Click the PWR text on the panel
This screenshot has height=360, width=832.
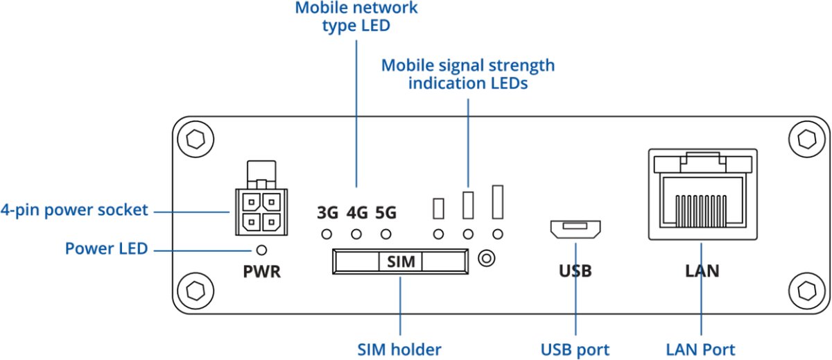pyautogui.click(x=262, y=271)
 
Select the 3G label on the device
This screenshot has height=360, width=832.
pyautogui.click(x=327, y=213)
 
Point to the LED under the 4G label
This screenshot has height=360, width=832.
pyautogui.click(x=356, y=234)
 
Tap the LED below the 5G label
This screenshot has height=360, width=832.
pyautogui.click(x=385, y=234)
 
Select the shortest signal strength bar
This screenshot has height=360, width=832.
pyautogui.click(x=438, y=207)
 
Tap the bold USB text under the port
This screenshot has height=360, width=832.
pyautogui.click(x=575, y=271)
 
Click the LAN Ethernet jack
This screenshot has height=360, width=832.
pyautogui.click(x=702, y=194)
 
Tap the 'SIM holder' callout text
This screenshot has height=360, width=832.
pyautogui.click(x=400, y=349)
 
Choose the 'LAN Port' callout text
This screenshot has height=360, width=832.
pyautogui.click(x=702, y=349)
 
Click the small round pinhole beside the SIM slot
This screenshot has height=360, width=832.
pyautogui.click(x=487, y=259)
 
